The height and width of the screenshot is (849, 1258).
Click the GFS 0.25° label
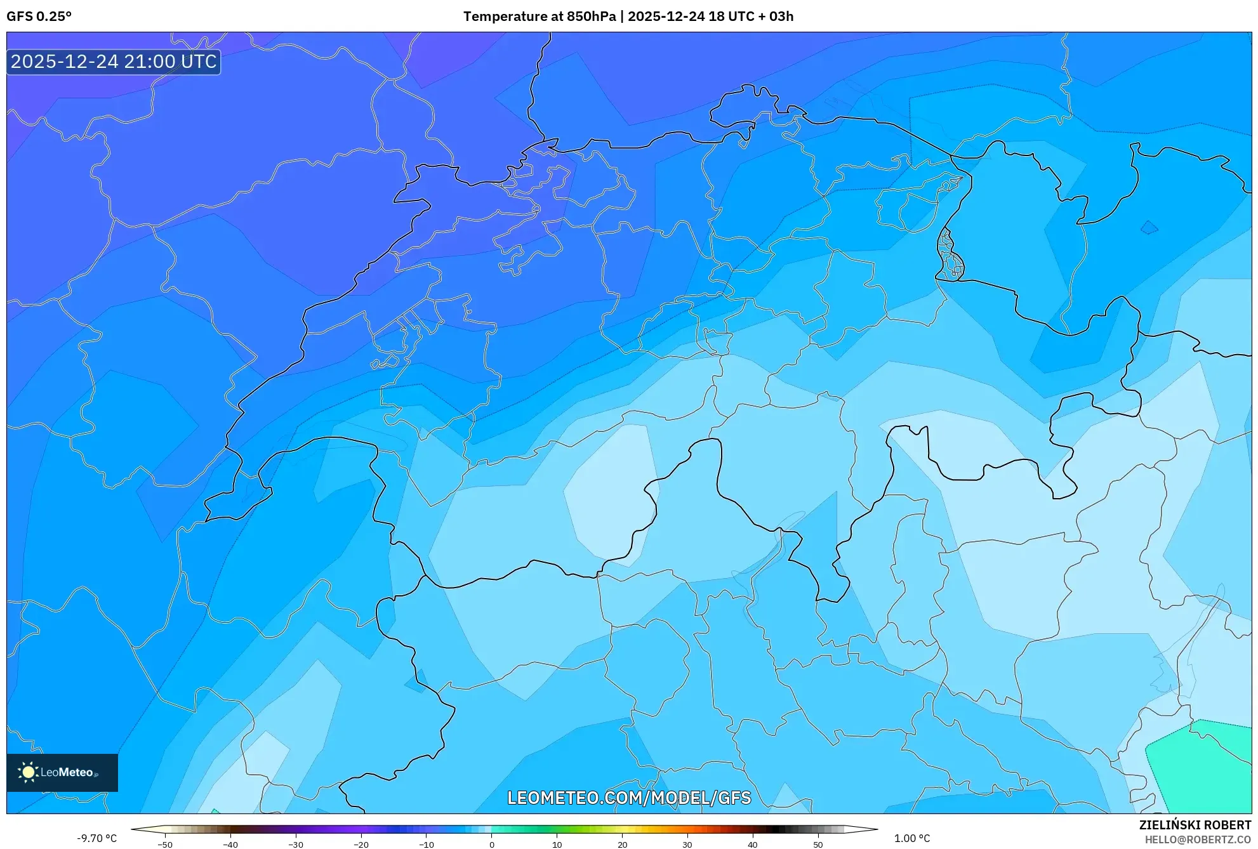pos(39,16)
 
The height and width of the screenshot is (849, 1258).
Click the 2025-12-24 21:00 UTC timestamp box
pos(114,62)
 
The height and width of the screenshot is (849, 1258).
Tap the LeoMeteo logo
pos(62,772)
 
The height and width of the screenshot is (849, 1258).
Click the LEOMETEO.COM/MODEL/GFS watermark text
pos(628,798)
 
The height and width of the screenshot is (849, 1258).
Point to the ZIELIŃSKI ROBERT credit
pos(1195,825)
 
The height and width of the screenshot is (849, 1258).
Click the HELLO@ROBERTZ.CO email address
pos(1197,839)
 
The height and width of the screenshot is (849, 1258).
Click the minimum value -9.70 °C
pos(96,838)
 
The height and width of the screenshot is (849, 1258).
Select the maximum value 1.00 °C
pos(912,838)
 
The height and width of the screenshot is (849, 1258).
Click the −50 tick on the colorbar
pos(165,845)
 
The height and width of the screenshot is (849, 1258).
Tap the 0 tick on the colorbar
pos(492,845)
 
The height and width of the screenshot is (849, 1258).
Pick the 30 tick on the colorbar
pos(687,845)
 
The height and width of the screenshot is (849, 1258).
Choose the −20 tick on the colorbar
pos(361,845)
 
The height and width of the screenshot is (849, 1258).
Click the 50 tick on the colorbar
pos(818,845)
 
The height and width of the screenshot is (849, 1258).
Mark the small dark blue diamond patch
pos(1149,227)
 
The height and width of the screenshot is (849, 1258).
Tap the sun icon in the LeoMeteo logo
pos(28,772)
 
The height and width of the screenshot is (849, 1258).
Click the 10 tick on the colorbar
pos(557,845)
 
